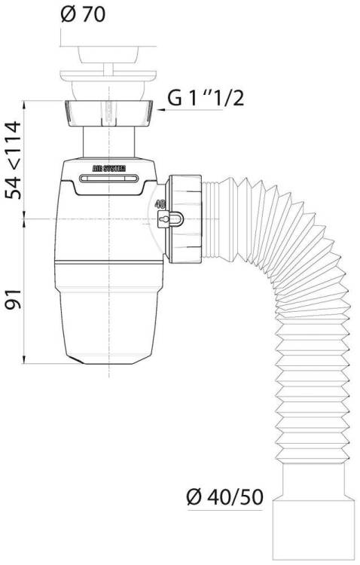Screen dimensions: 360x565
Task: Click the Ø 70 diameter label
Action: coord(83,14)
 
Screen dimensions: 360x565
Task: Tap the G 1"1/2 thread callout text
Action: coord(206,98)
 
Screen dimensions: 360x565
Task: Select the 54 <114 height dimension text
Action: coord(14,160)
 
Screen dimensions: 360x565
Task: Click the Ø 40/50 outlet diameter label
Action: coord(225,497)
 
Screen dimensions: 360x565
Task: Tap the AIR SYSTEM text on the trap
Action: coord(109,168)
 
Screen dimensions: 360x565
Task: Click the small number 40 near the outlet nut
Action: coord(160,204)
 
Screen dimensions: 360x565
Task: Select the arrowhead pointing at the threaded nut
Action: coord(161,109)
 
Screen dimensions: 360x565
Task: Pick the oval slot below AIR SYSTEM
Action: coord(108,179)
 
